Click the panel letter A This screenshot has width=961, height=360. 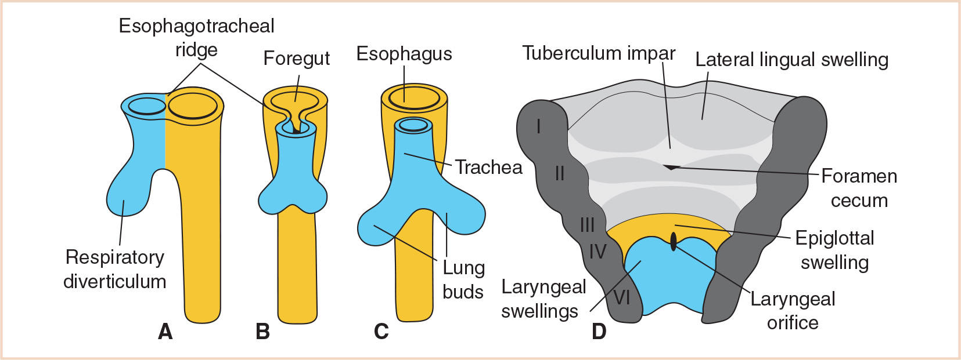tap(165, 332)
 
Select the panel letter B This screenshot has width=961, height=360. tap(262, 332)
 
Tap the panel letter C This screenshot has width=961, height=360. tap(381, 332)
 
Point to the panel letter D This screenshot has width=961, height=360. tap(599, 332)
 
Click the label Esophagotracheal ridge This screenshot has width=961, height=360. tap(196, 38)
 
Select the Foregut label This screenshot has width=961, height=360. tap(296, 59)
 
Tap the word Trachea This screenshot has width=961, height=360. tap(488, 167)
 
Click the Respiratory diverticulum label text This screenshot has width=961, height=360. tap(115, 269)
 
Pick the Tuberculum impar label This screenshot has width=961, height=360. tap(599, 53)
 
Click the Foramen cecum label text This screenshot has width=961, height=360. tap(859, 188)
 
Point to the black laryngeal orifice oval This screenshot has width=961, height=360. tap(674, 241)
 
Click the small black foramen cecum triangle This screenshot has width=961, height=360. tap(671, 168)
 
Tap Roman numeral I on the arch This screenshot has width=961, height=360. tap(539, 126)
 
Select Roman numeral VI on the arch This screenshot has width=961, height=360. tap(621, 297)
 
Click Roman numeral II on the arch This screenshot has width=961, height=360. tap(559, 173)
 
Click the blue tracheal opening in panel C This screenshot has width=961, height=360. tap(413, 125)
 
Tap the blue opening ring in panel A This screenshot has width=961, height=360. tap(147, 106)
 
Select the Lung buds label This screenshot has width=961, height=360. tap(463, 279)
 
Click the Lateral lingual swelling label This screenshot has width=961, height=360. tap(791, 60)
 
